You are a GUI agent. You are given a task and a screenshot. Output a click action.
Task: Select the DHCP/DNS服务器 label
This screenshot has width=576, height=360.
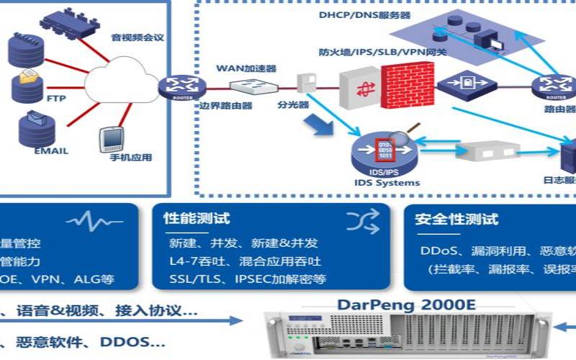(x=365, y=14)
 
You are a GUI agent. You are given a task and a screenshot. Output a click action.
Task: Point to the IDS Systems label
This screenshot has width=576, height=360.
(x=387, y=182)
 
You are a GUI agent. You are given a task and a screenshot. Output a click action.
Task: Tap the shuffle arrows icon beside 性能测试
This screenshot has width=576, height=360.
(x=361, y=221)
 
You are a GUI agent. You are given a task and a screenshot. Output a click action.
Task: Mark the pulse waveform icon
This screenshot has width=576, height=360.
(x=96, y=221)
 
